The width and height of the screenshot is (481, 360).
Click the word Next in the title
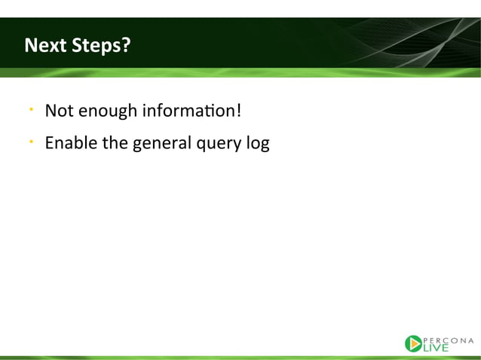[45, 45]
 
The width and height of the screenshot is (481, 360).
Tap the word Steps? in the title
[101, 46]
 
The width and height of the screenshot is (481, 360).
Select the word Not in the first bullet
[60, 110]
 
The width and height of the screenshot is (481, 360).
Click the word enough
[108, 111]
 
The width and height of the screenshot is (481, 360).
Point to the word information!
[191, 110]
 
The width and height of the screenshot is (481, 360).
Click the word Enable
[71, 143]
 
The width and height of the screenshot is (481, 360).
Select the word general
[162, 144]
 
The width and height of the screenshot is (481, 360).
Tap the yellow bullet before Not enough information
[32, 108]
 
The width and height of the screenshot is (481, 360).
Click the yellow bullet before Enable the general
[32, 142]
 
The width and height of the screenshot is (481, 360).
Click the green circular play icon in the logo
[413, 343]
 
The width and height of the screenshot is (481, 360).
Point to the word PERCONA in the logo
[448, 340]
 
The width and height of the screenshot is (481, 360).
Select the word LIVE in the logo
[436, 348]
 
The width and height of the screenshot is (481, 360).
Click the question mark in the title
[127, 45]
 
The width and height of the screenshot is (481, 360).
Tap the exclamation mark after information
[239, 110]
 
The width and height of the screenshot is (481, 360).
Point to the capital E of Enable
[50, 143]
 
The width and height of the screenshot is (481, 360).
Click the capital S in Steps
[78, 45]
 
